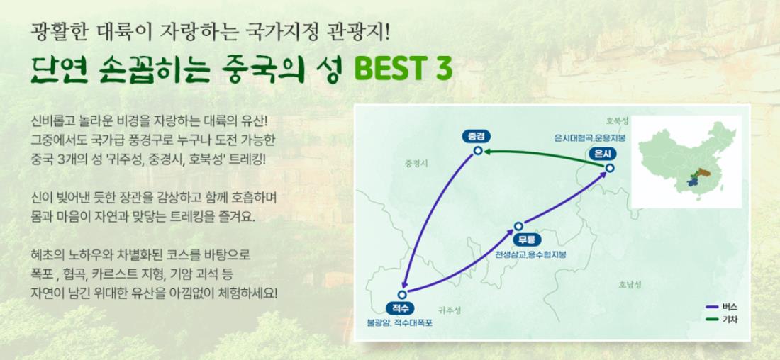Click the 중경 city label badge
pyautogui.click(x=477, y=136)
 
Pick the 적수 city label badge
pyautogui.click(x=400, y=308)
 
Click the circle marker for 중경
pyautogui.click(x=478, y=151)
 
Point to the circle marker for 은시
pyautogui.click(x=610, y=168)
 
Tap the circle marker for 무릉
pyautogui.click(x=518, y=226)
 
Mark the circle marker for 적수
pyautogui.click(x=402, y=294)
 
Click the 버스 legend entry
pyautogui.click(x=721, y=307)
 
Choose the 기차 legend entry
pyautogui.click(x=721, y=319)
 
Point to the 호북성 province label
pyautogui.click(x=618, y=121)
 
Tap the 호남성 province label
pyautogui.click(x=630, y=285)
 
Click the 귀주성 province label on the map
pyautogui.click(x=450, y=310)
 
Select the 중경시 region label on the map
pyautogui.click(x=416, y=163)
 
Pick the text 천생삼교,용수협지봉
pyautogui.click(x=530, y=254)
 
